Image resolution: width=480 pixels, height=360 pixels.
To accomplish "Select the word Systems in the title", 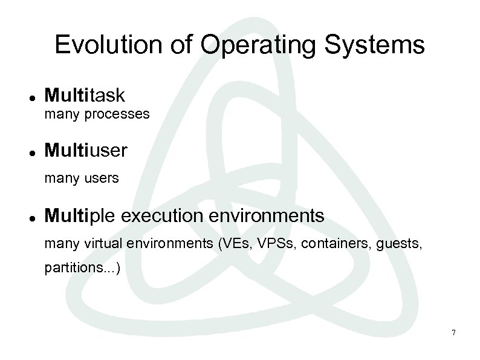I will point(374,45).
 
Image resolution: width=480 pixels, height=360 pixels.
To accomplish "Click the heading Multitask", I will point(85,95).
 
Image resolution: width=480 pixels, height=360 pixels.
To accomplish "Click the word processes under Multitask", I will point(117,114).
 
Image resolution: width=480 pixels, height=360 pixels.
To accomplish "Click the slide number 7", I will point(453,333).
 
